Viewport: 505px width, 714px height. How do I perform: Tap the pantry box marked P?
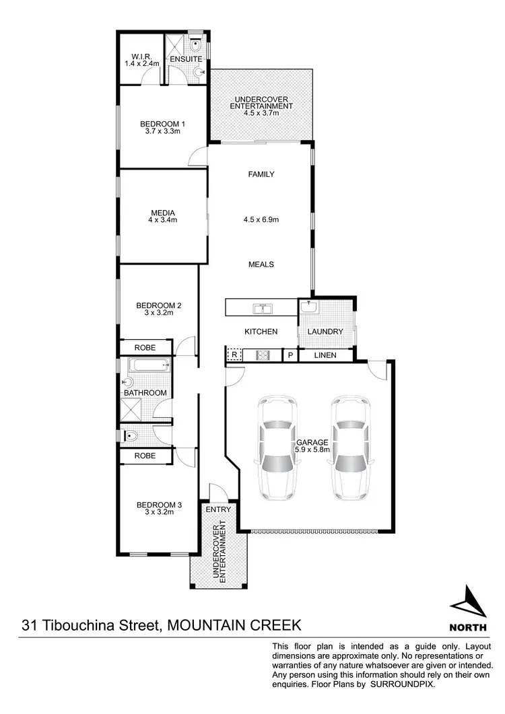[x=290, y=355]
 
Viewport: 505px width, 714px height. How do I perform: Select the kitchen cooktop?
[x=261, y=355]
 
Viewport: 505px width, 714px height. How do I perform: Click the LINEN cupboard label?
[x=325, y=355]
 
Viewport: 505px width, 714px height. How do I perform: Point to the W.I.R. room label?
[x=141, y=56]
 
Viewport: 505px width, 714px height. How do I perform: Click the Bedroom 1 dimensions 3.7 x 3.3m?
[x=162, y=131]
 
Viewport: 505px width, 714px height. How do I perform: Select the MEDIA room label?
[x=162, y=213]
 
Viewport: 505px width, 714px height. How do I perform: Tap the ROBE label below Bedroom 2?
[x=145, y=348]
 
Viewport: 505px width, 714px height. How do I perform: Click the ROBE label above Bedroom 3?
[x=145, y=456]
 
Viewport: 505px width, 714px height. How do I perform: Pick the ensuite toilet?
[x=194, y=47]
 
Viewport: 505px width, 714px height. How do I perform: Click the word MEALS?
[x=261, y=264]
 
